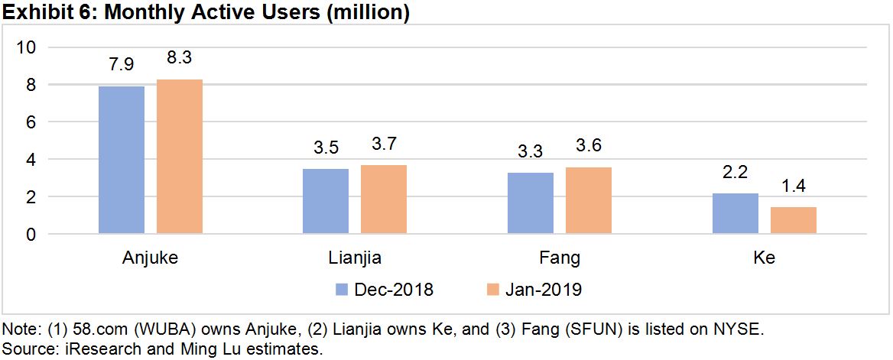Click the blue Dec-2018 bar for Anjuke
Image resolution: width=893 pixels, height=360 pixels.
point(122,160)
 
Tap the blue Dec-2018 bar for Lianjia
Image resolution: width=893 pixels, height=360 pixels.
point(326,201)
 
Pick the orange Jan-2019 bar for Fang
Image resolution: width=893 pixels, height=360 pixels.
point(589,200)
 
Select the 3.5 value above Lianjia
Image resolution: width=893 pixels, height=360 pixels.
point(326,146)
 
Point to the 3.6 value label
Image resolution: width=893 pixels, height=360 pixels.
point(589,144)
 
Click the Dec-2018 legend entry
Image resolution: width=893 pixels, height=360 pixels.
point(384,290)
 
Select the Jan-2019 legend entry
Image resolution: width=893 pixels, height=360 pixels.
point(534,290)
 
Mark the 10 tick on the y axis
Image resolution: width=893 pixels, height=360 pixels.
point(27,47)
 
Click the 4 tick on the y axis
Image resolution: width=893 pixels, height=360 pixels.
point(31,160)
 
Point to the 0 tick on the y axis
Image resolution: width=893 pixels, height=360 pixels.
point(31,235)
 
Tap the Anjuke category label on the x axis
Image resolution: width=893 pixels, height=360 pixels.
point(150,258)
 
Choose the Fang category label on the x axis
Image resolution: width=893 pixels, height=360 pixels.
point(560,258)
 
